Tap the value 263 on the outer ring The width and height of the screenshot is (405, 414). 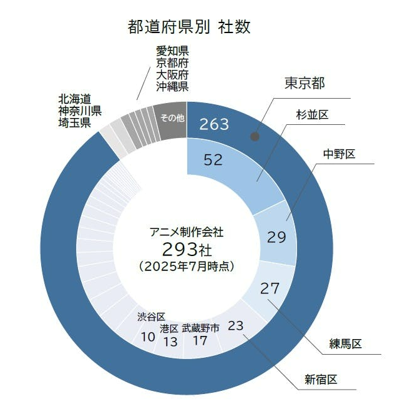pos(214,124)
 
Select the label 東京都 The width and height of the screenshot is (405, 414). pos(306,83)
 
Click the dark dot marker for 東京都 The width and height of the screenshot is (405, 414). pos(254,136)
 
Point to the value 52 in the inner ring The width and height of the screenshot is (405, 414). pos(213,160)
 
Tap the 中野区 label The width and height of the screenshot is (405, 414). pos(339,154)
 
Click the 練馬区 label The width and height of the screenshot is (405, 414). pos(346,344)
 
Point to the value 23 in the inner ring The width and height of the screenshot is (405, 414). pos(236,325)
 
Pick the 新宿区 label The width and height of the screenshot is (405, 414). pos(321,379)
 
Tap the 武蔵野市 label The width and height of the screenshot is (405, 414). pos(200,328)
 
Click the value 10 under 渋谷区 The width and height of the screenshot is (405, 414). pos(148,337)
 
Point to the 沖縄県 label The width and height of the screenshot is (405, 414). pos(172,87)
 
